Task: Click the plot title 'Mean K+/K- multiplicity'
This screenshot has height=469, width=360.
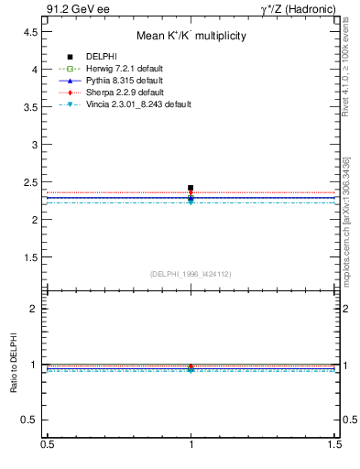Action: tap(191, 37)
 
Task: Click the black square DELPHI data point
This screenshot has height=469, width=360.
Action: tap(191, 188)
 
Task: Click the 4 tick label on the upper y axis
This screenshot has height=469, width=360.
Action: tap(34, 70)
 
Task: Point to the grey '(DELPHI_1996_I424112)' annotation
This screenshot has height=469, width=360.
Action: tap(191, 274)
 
